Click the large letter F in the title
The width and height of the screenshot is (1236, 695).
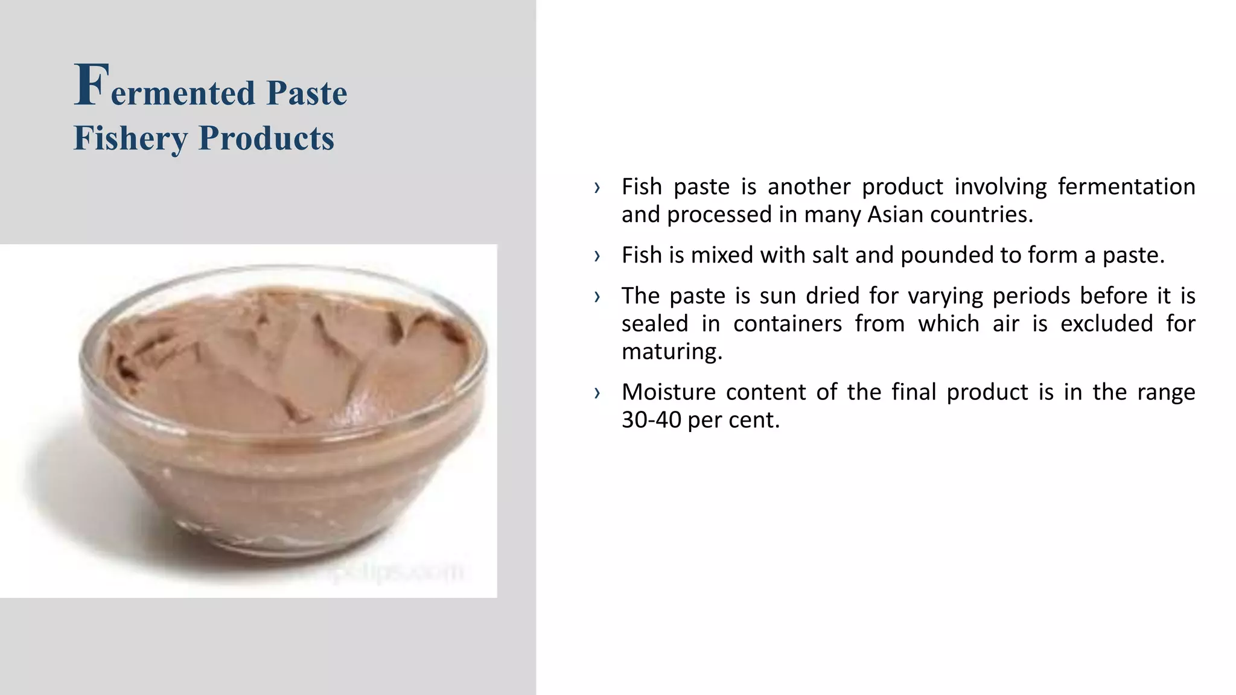pyautogui.click(x=91, y=85)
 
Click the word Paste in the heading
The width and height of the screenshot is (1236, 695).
pyautogui.click(x=307, y=94)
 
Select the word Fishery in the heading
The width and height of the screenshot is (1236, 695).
pyautogui.click(x=130, y=138)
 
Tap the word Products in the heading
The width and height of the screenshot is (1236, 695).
pyautogui.click(x=266, y=138)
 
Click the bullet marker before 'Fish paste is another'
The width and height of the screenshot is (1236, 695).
pyautogui.click(x=597, y=188)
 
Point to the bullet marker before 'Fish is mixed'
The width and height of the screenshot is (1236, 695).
pyautogui.click(x=597, y=256)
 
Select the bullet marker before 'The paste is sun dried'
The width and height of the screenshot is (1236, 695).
pyautogui.click(x=597, y=296)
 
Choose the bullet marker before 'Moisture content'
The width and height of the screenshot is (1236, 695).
pyautogui.click(x=597, y=393)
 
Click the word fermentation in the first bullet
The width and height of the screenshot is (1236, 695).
pyautogui.click(x=1126, y=187)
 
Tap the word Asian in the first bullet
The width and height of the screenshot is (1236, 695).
pyautogui.click(x=896, y=215)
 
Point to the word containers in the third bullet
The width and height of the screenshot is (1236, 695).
pyautogui.click(x=787, y=324)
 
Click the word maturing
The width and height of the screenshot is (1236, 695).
pyautogui.click(x=672, y=352)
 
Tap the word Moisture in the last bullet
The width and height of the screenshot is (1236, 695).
pyautogui.click(x=667, y=392)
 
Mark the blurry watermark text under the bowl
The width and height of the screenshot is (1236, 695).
pyautogui.click(x=386, y=571)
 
